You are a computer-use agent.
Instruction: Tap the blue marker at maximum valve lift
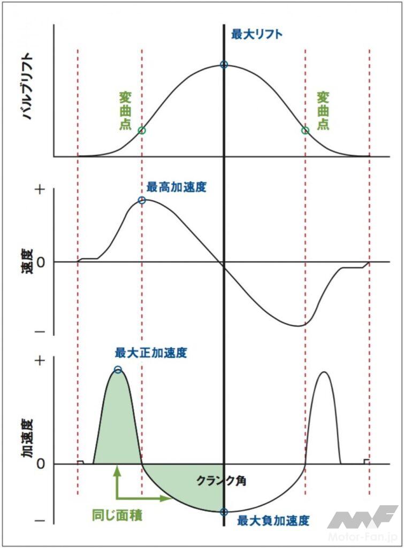pos(224,65)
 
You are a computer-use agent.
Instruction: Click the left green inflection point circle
pos(142,130)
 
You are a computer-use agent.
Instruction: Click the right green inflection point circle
pos(306,130)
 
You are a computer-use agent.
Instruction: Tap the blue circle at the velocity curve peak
pos(142,200)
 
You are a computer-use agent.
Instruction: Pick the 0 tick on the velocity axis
pos(40,262)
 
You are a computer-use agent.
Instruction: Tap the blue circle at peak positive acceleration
pos(118,369)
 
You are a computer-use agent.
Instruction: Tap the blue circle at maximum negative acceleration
pos(224,511)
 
